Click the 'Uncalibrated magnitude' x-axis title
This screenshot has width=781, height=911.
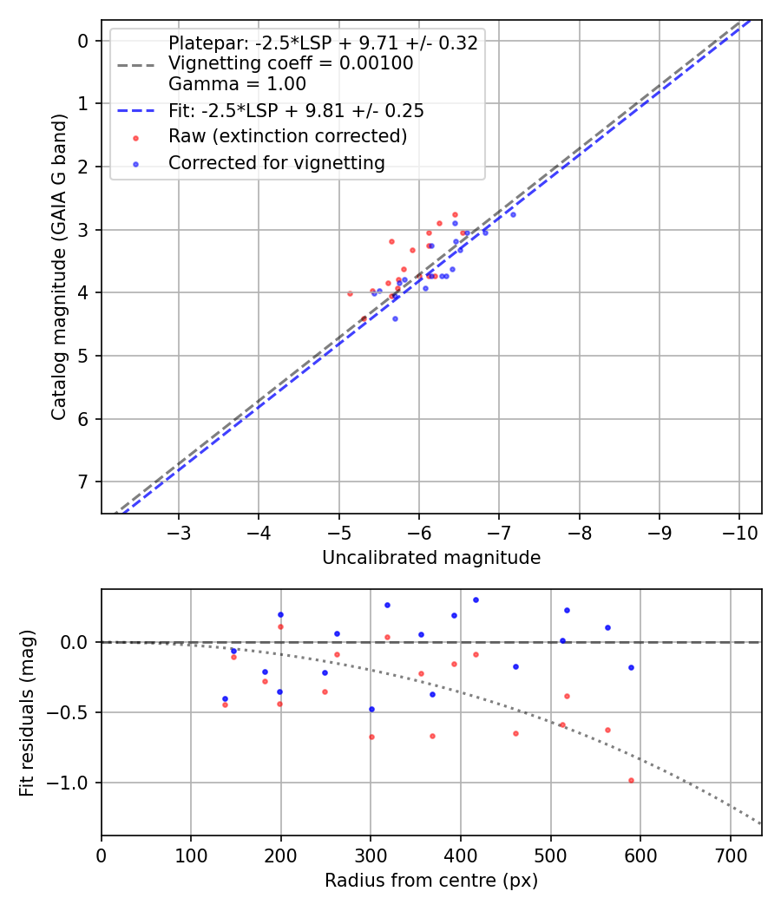click(x=431, y=558)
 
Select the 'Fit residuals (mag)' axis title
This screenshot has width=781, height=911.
click(x=27, y=712)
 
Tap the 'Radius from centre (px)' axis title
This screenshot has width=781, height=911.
click(x=431, y=881)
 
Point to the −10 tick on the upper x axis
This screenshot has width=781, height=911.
click(x=738, y=531)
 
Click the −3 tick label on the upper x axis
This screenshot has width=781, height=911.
click(x=180, y=531)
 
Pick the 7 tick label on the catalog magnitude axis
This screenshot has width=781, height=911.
click(x=83, y=482)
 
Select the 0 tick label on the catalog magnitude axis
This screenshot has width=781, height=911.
click(x=83, y=41)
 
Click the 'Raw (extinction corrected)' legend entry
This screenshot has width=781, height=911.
click(x=287, y=136)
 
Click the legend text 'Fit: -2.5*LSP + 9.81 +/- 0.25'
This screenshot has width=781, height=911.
click(x=296, y=111)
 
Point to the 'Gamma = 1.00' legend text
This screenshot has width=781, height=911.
click(x=237, y=85)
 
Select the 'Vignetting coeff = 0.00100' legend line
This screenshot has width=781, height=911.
click(x=291, y=63)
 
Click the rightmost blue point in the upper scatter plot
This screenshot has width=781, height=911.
click(x=513, y=214)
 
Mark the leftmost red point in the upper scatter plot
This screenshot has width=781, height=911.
click(x=350, y=293)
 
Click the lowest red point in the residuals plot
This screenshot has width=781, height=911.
click(x=631, y=780)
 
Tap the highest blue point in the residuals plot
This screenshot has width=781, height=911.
click(x=476, y=600)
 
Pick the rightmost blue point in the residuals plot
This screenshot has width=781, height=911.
click(x=631, y=667)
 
